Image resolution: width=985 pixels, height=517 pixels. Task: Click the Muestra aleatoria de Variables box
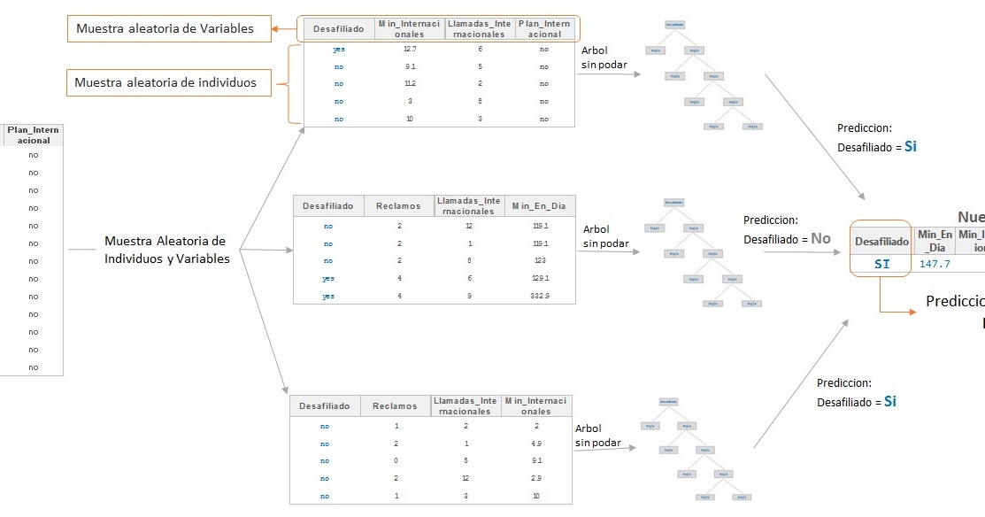(165, 28)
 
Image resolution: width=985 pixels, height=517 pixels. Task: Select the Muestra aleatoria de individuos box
(165, 82)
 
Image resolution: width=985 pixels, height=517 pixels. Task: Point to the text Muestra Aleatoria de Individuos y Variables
(165, 250)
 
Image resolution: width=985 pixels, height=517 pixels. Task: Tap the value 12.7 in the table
(410, 50)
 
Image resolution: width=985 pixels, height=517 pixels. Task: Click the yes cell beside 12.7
(339, 50)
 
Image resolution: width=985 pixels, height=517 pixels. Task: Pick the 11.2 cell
(410, 84)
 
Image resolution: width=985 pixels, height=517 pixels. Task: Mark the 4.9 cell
(537, 444)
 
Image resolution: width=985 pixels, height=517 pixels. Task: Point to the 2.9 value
(537, 479)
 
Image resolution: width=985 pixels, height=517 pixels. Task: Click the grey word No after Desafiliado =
(821, 238)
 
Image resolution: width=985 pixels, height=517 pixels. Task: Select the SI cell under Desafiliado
(881, 264)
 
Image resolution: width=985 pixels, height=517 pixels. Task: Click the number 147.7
(935, 264)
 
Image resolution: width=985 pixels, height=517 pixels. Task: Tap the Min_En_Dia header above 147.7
(935, 241)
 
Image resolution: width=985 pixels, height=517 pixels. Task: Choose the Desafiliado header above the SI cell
(881, 241)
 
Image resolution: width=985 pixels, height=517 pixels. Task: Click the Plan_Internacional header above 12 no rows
(33, 135)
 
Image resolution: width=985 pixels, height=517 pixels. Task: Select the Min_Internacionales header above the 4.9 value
(537, 406)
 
